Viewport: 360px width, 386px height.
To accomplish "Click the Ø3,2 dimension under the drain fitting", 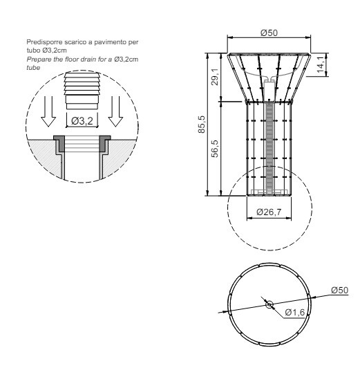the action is tap(82, 121).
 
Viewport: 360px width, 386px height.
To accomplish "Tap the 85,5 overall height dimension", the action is tap(202, 125).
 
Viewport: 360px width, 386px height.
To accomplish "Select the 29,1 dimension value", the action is tap(215, 77).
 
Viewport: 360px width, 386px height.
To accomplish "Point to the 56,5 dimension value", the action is tap(215, 149).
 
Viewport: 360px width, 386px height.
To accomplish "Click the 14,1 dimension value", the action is tap(321, 64).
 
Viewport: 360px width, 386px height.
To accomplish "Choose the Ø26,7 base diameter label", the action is tap(269, 212).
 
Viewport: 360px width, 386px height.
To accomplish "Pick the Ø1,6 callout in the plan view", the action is tap(295, 313).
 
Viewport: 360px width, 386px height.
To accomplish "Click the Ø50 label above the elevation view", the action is tap(269, 33).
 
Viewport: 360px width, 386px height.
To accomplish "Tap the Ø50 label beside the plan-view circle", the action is tap(339, 291).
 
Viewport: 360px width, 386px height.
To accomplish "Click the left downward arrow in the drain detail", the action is tap(48, 111).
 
